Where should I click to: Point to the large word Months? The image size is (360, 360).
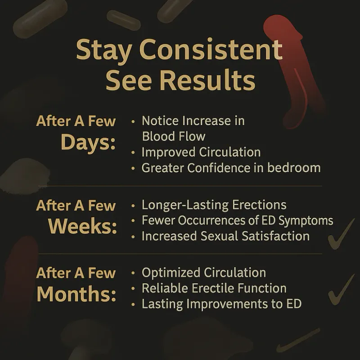click(76, 293)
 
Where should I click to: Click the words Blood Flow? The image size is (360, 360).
click(173, 136)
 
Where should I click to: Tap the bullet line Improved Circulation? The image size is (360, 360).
click(201, 152)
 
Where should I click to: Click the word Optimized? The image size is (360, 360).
click(171, 273)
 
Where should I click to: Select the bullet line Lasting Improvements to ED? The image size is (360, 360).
click(221, 304)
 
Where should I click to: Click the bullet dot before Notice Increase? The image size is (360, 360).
click(133, 121)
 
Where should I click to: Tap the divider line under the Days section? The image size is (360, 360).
click(180, 186)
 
